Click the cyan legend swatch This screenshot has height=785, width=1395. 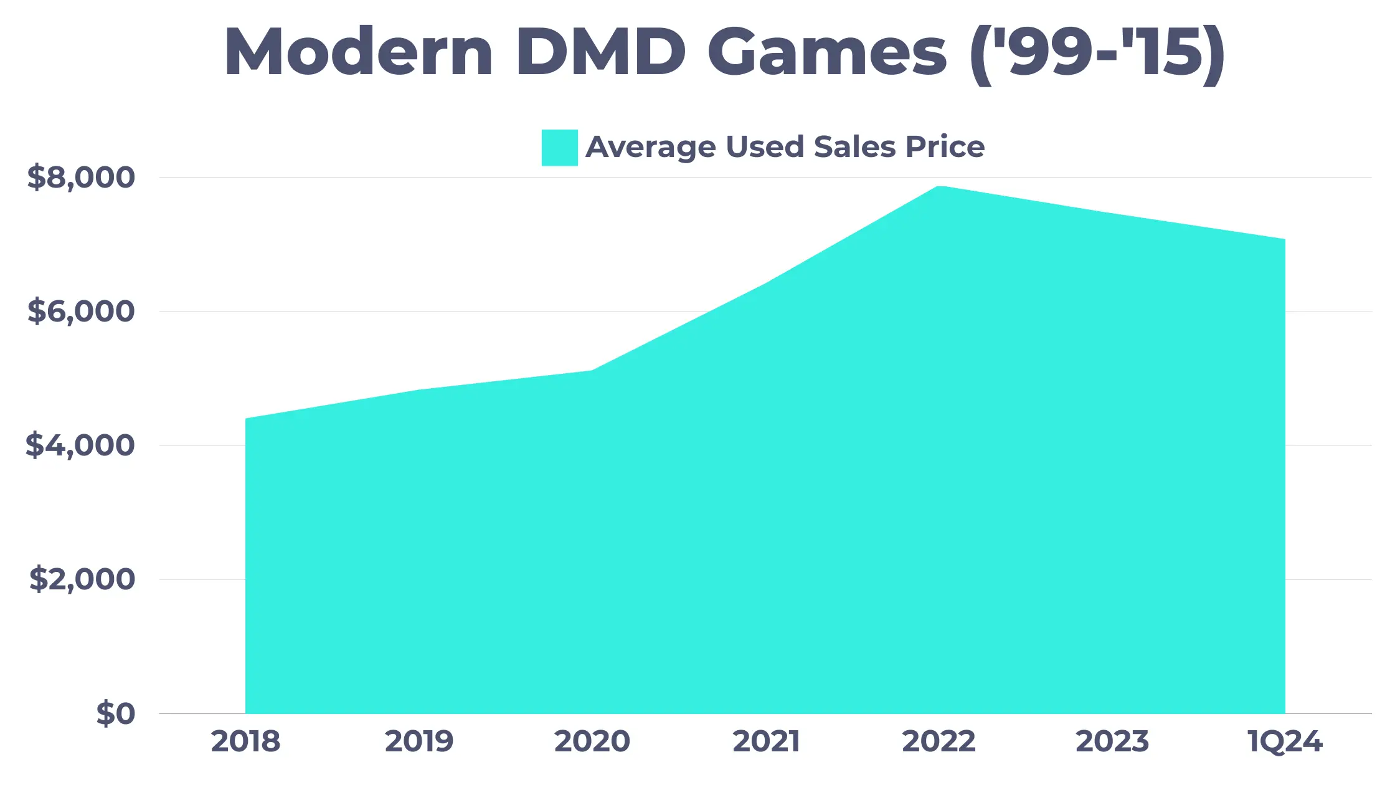coord(559,148)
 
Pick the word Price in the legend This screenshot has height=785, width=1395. coord(945,147)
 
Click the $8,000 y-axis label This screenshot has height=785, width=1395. coord(81,178)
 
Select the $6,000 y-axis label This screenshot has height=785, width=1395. coord(81,312)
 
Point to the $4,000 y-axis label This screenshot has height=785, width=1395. coord(80,445)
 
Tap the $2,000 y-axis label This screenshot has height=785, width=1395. coord(82,579)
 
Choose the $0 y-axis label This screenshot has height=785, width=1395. coord(116,713)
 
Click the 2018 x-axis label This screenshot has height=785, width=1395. coord(245,741)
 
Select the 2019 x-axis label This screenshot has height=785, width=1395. coord(418,741)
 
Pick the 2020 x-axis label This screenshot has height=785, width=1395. coord(592,741)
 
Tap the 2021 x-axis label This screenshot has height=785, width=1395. coord(765,741)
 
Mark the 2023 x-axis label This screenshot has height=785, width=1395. coord(1112,741)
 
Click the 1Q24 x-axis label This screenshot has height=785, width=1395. coord(1285,741)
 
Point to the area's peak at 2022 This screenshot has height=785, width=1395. coord(939,186)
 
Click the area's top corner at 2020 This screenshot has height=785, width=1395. coord(592,371)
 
